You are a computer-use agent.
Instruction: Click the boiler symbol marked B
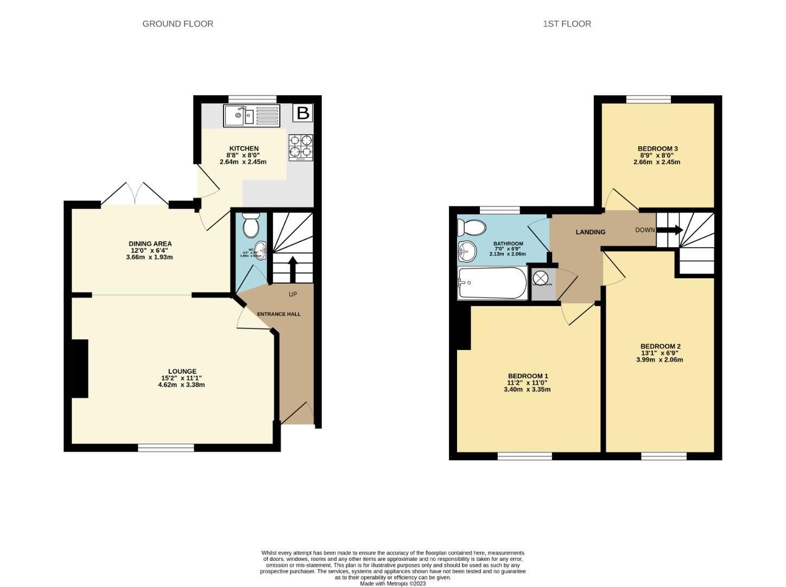pos(303,113)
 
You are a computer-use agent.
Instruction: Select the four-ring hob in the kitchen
pos(300,147)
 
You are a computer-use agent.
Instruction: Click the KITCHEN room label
pos(244,148)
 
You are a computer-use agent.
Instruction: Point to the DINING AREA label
pos(150,243)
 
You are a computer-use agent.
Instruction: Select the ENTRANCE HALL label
pos(278,314)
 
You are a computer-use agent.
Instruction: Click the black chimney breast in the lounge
pos(80,369)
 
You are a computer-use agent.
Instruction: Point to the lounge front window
pos(166,447)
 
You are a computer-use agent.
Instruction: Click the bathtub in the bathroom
pos(492,283)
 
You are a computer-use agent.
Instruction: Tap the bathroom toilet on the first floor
pos(471,227)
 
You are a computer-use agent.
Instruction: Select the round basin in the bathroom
pos(466,251)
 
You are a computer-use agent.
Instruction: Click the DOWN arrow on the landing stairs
pos(671,230)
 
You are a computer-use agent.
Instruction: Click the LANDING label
pos(590,232)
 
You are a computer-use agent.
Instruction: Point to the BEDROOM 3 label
pos(657,148)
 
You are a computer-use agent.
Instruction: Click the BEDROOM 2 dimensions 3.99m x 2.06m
pos(660,360)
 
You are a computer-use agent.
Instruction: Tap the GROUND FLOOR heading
pos(178,24)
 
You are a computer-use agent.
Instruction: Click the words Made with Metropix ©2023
pos(392,584)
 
